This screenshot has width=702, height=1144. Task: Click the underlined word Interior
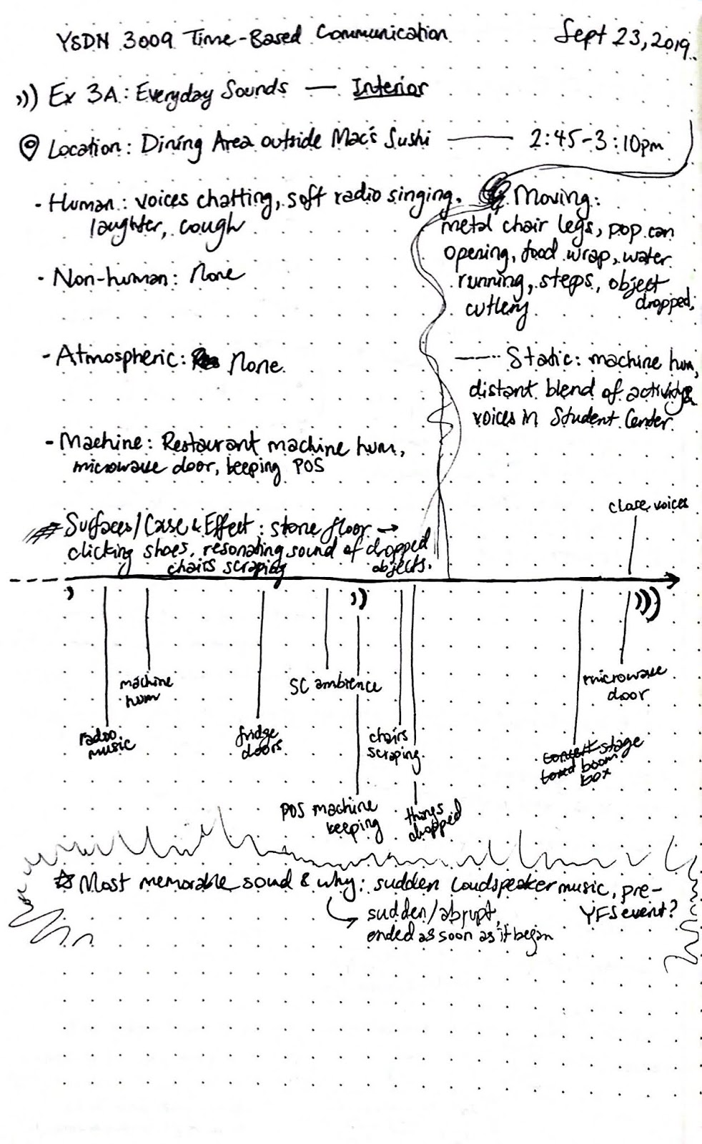click(389, 89)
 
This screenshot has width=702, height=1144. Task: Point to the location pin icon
click(30, 149)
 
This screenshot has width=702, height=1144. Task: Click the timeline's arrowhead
click(671, 580)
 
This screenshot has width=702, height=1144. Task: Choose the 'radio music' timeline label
click(107, 742)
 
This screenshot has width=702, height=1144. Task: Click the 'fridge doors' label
click(259, 744)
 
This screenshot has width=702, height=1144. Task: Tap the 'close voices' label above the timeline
click(647, 506)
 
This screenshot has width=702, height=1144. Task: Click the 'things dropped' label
click(432, 819)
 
